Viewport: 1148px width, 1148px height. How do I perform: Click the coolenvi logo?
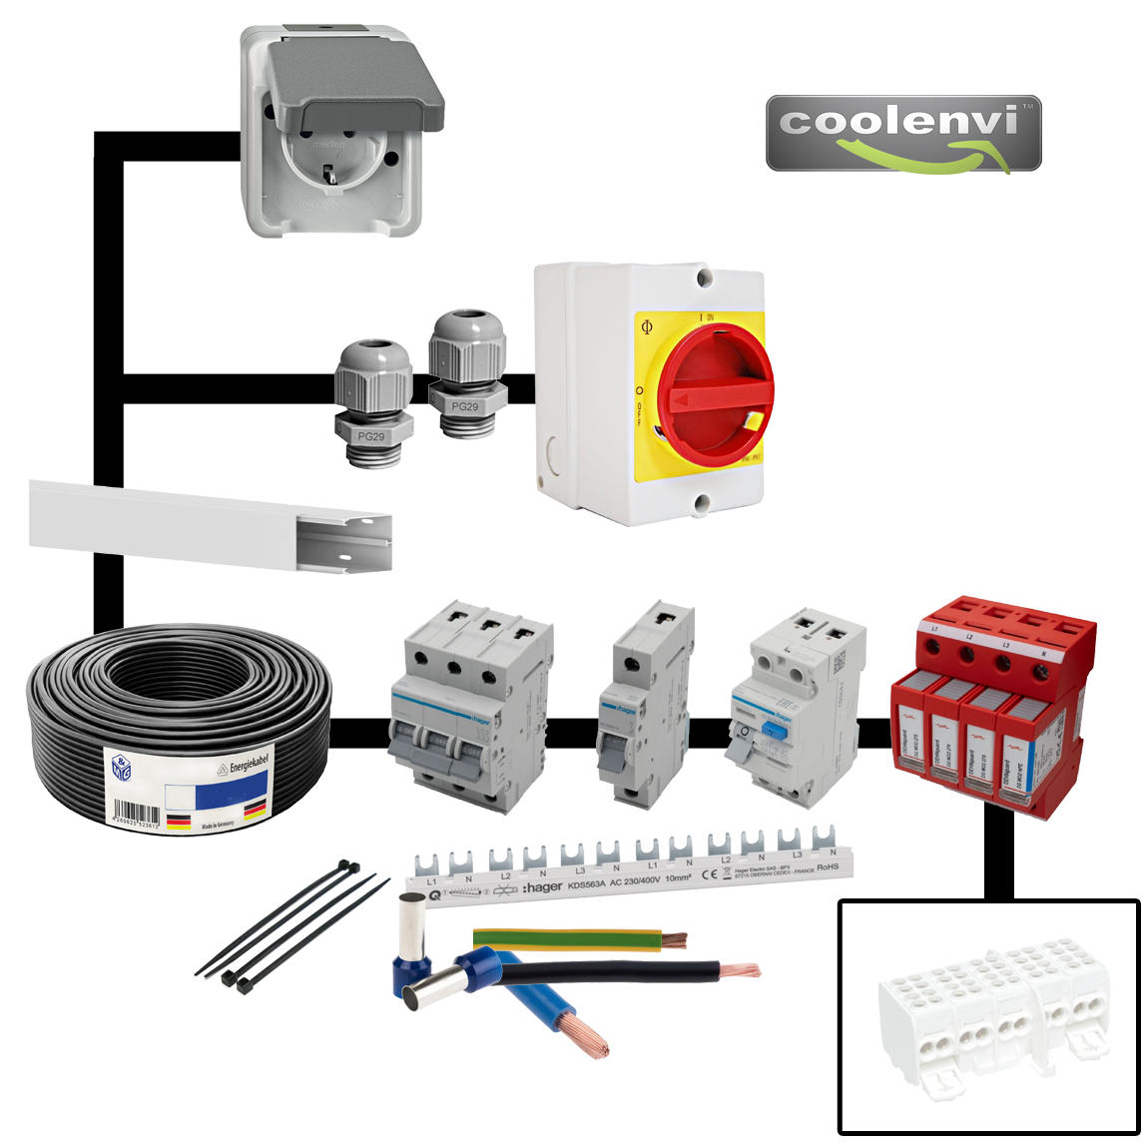[903, 134]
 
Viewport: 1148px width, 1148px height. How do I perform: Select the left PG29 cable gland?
[372, 399]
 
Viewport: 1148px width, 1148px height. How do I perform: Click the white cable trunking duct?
[210, 527]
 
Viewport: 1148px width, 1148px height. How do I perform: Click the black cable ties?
[289, 922]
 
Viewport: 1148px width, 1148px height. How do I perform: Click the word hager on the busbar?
[542, 887]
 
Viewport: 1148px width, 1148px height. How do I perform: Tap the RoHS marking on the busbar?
[828, 867]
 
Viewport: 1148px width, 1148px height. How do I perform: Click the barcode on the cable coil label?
[137, 813]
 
